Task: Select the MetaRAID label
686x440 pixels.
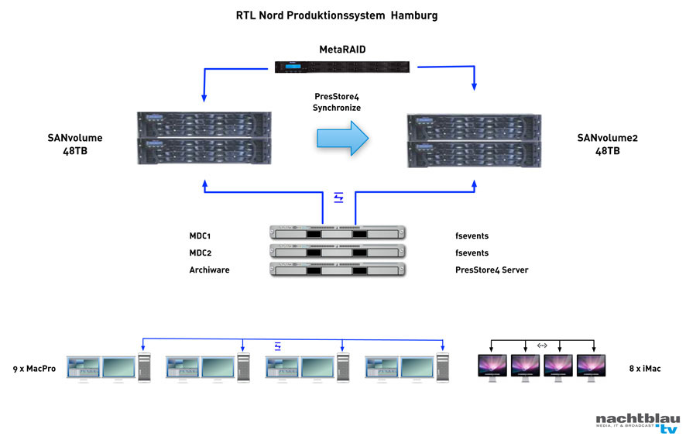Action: (342, 50)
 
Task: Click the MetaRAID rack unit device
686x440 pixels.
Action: (342, 67)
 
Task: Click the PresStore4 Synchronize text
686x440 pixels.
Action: (337, 102)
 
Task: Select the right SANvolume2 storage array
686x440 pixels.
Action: (474, 141)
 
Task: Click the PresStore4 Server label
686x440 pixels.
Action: (492, 270)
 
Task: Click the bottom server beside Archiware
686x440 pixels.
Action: (337, 270)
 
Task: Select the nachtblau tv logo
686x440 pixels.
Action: (636, 423)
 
